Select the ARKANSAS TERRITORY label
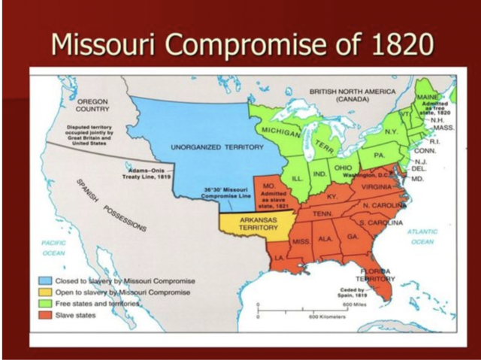click(251, 225)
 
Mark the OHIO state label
click(342, 168)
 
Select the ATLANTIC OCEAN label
click(422, 237)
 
